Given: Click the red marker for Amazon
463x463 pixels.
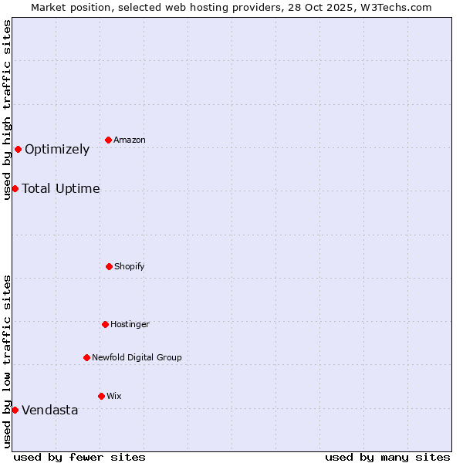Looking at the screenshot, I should coord(108,140).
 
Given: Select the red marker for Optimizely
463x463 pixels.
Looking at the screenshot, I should coord(18,149).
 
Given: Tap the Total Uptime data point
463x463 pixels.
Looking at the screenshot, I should coord(15,188).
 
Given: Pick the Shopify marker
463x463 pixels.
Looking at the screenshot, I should coord(109,266).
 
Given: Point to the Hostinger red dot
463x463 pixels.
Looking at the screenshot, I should coord(105,324).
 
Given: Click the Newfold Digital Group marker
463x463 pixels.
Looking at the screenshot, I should coord(86,357).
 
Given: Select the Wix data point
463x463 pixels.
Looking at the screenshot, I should coord(101,396).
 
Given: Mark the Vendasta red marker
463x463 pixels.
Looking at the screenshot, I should coord(15,410).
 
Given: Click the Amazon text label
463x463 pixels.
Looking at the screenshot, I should coord(130,140).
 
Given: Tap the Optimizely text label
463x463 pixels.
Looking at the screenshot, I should coord(57,150).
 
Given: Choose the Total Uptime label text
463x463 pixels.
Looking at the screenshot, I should coord(61,189).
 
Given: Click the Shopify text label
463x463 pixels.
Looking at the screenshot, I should coord(130,267).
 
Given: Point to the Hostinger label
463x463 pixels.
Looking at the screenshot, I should coord(130,325).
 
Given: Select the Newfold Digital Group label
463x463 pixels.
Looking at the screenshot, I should coord(137,358).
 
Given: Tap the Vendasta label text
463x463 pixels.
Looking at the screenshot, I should coord(50,411).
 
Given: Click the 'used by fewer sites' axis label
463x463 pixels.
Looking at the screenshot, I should coord(79,457).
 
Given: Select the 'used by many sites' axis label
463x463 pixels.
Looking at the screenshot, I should coord(387,457).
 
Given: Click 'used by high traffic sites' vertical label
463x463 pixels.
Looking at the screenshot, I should coord(7,110).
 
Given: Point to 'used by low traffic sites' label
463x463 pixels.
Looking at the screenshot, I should coord(7,361).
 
